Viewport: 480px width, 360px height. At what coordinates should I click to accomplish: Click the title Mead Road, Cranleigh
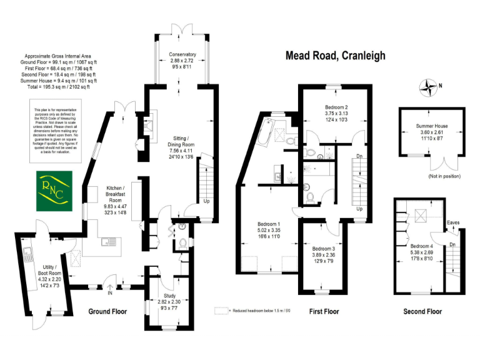point(336,56)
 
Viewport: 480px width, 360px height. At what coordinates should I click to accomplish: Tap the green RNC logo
point(52,190)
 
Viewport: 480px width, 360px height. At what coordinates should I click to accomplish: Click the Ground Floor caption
point(107,311)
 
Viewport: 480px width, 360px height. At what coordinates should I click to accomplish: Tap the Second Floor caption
point(422,311)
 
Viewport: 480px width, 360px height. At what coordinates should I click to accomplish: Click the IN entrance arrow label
point(110,291)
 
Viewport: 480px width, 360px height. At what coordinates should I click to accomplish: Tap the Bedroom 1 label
point(269,229)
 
